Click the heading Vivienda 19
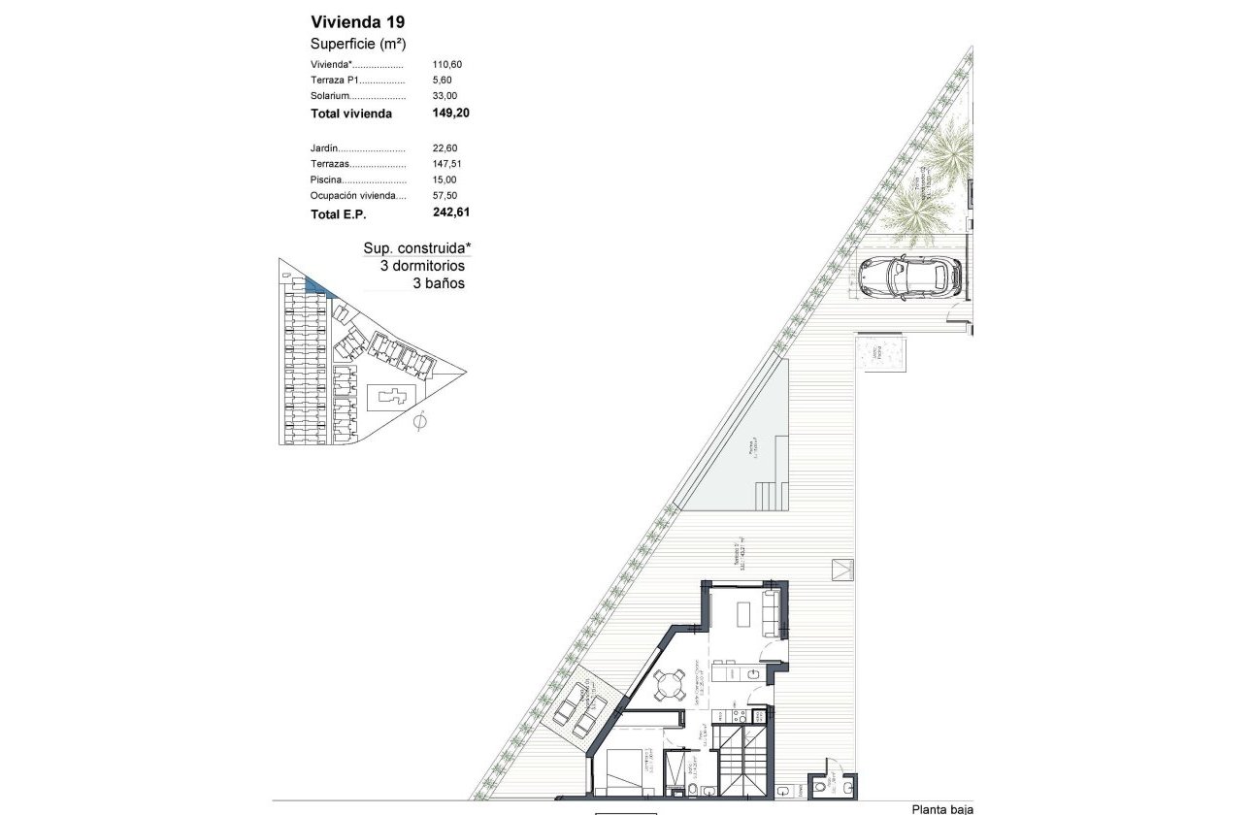click(350, 22)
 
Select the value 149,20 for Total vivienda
click(450, 113)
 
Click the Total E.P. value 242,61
click(450, 211)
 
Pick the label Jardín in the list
click(326, 148)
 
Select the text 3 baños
click(439, 283)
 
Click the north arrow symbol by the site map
click(420, 423)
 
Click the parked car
click(909, 277)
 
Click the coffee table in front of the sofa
click(743, 614)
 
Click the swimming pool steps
click(771, 495)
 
